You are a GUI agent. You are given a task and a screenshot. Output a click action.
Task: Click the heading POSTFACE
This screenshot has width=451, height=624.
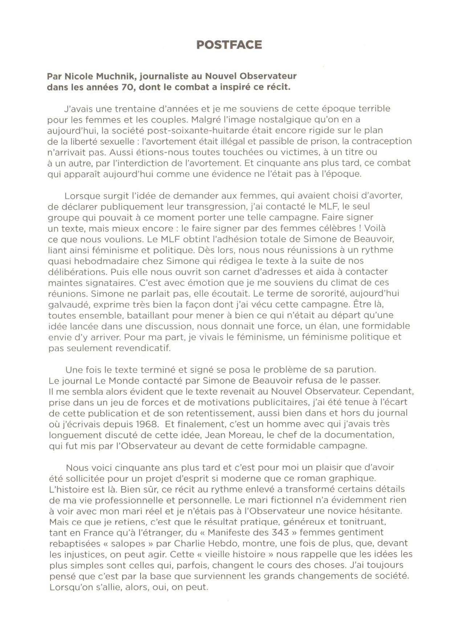click(x=229, y=45)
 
